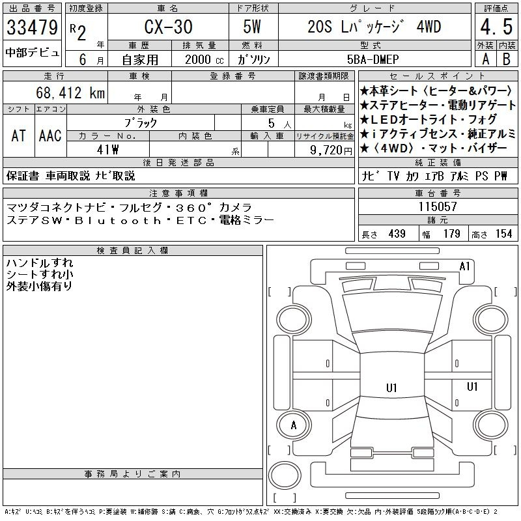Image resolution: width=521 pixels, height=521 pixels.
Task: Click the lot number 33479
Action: pos(32,27)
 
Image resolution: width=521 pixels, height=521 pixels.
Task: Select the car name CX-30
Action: pos(168,27)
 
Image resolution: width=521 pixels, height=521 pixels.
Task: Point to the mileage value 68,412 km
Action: pos(70,92)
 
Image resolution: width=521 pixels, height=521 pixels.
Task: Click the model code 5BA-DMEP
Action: pos(373,59)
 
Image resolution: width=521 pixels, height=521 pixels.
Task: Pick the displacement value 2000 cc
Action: pos(204,60)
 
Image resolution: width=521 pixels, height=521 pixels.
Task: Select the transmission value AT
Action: pos(18,135)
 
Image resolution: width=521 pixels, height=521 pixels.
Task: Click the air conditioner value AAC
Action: pos(50,135)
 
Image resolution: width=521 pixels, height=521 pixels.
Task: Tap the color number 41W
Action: pos(107,150)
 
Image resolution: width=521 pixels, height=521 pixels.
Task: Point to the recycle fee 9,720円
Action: pos(331,150)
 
